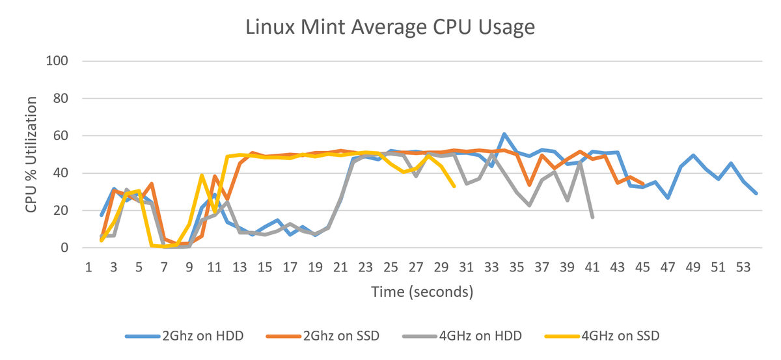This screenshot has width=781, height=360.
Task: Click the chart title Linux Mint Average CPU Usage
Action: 390,28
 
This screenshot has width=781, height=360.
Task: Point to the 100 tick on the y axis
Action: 58,61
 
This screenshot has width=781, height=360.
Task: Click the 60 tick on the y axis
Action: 61,136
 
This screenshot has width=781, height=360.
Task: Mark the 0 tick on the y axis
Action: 65,248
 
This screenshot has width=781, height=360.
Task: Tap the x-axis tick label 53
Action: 743,266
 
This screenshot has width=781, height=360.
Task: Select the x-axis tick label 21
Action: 340,266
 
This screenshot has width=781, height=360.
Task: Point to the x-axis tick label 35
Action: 517,266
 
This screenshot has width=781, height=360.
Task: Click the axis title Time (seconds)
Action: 422,292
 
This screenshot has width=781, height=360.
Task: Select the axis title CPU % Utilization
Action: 31,154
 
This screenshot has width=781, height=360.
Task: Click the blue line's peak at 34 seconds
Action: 504,134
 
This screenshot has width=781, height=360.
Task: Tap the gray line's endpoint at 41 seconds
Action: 592,217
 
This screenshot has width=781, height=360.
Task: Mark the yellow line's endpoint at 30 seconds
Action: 454,187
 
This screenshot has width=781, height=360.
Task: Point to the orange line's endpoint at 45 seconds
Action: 643,184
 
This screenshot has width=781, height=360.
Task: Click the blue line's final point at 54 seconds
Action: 756,193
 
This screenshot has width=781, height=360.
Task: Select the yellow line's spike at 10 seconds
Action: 202,176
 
